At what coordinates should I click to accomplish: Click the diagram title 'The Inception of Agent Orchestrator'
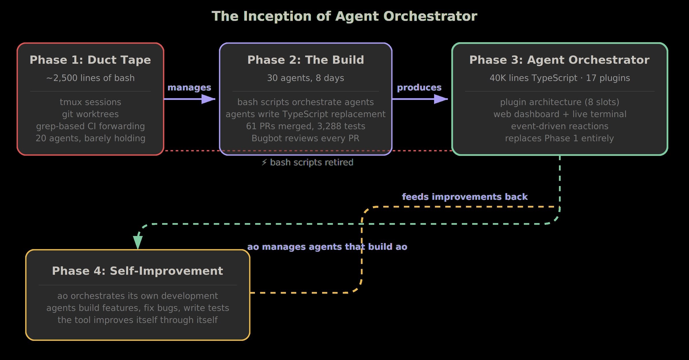344,16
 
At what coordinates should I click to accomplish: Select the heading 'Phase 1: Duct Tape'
90,60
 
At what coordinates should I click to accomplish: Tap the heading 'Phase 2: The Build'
305,60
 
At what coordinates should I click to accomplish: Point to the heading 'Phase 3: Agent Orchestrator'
559,60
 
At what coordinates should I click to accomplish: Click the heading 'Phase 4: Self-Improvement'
138,271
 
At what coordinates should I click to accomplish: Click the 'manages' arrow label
189,88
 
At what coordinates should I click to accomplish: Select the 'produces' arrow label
419,88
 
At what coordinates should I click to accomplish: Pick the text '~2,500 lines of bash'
90,78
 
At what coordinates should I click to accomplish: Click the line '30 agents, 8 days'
305,78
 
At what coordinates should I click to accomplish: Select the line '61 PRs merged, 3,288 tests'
305,126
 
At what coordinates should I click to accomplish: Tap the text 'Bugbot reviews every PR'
305,138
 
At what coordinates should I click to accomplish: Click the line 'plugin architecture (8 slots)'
560,102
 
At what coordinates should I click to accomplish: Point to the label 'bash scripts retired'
311,162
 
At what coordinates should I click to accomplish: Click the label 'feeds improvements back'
465,197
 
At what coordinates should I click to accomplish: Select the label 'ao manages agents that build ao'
327,247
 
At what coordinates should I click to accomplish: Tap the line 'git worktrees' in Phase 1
90,114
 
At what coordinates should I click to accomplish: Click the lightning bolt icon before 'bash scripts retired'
264,162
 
